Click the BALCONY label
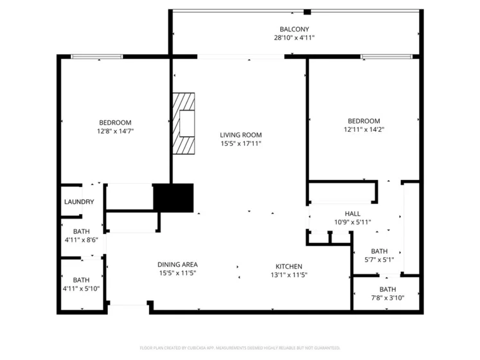[x=294, y=29]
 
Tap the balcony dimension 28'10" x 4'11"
[x=294, y=38]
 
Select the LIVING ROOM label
[x=240, y=135]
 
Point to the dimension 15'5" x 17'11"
[x=240, y=143]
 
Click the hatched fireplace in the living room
[x=184, y=123]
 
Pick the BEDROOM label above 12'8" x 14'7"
[x=115, y=123]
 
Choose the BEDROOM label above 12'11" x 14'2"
[x=364, y=121]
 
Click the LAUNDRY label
[x=79, y=202]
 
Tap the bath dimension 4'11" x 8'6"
[x=81, y=240]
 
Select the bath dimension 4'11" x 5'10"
[x=81, y=289]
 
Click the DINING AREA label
[x=177, y=264]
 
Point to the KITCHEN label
[x=289, y=267]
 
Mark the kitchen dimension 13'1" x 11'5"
[x=289, y=275]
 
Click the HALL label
[x=352, y=213]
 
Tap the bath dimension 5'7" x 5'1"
[x=379, y=260]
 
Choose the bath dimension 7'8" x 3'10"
[x=387, y=298]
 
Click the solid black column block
[x=173, y=197]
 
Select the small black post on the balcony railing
[x=307, y=12]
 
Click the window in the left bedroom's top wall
[x=97, y=57]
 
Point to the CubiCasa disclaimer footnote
[x=240, y=348]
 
